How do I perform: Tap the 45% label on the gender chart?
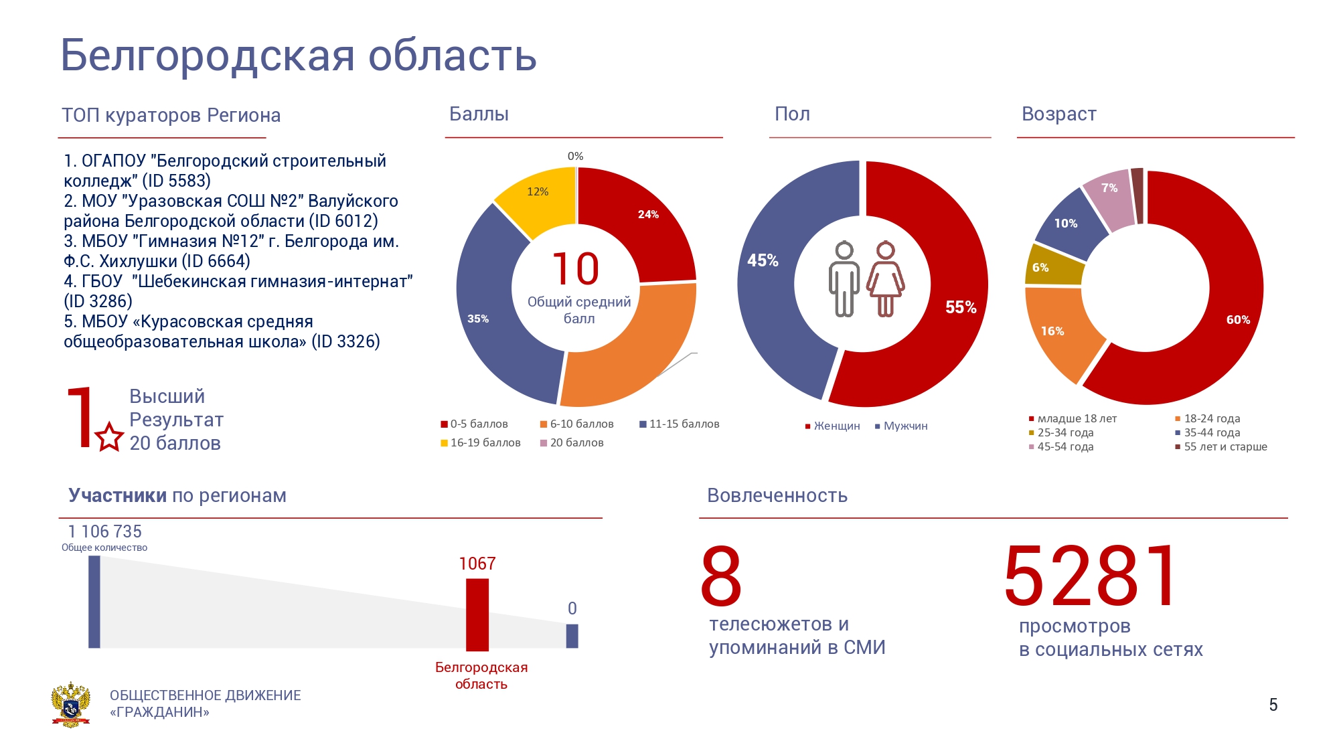coord(763,260)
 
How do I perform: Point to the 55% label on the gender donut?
coord(961,307)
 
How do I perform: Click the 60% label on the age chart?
coord(1238,320)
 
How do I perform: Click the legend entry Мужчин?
coord(901,426)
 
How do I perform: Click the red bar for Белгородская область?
coord(477,614)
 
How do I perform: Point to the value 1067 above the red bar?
coord(477,564)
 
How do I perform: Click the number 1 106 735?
coord(105,531)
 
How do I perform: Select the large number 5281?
coord(1090,576)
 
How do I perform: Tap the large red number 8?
coord(721,576)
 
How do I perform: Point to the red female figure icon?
coord(886,278)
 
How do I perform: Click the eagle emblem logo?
coord(70,704)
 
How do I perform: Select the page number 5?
coord(1273,705)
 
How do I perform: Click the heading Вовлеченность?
coord(777,495)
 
